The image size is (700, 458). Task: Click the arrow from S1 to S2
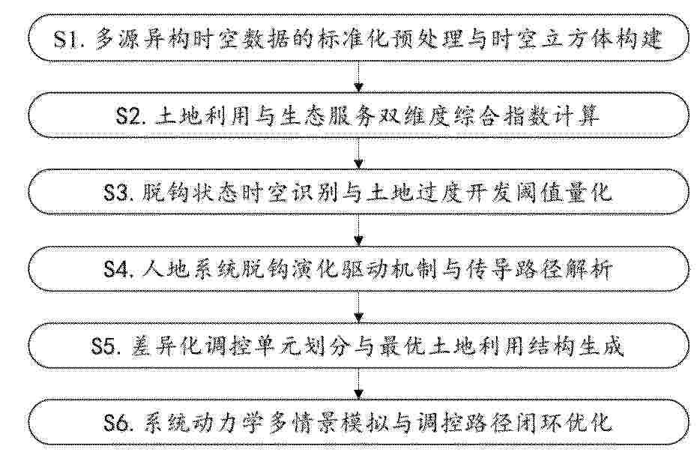point(358,76)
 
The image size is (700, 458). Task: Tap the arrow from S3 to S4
point(358,230)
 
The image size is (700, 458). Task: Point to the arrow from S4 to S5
point(358,307)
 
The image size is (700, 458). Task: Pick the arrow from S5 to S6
point(358,384)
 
